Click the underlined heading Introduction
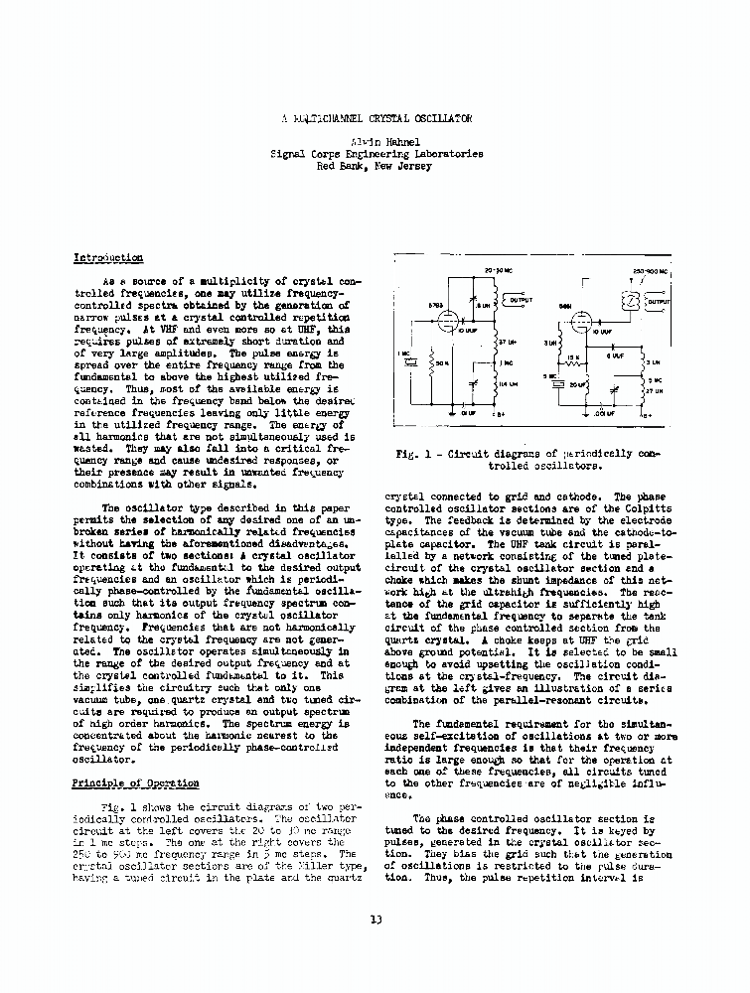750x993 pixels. (x=108, y=258)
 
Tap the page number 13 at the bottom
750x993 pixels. (x=375, y=920)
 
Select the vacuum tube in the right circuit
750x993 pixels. (x=580, y=320)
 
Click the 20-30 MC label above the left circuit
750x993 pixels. (x=497, y=270)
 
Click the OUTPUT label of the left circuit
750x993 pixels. (x=521, y=300)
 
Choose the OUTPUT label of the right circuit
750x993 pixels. (x=659, y=301)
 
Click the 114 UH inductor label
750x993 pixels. (x=507, y=383)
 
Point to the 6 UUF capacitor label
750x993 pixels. (x=618, y=355)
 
